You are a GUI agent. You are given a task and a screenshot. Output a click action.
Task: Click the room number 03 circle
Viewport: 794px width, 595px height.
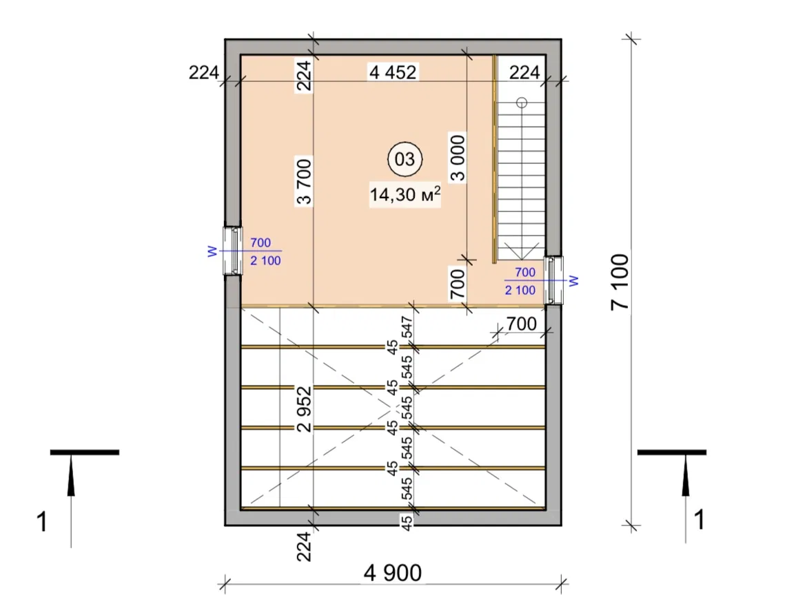[x=405, y=159]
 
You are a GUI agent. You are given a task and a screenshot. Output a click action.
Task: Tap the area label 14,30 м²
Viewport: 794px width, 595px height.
[x=405, y=194]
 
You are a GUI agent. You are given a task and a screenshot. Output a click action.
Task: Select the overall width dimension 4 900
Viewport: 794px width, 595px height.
[x=392, y=573]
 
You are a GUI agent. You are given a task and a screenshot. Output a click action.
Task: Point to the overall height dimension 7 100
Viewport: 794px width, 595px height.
[x=620, y=282]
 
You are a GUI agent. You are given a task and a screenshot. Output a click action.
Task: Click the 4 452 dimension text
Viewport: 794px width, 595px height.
[x=393, y=72]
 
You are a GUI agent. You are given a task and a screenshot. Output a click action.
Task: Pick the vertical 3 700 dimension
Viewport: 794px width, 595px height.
[x=304, y=181]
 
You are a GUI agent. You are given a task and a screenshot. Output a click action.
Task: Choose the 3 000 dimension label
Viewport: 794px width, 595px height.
[x=457, y=158]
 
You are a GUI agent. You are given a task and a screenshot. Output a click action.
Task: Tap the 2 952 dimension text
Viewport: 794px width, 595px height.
[x=304, y=409]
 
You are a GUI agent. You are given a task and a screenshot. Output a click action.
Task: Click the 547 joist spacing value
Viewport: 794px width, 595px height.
[x=407, y=327]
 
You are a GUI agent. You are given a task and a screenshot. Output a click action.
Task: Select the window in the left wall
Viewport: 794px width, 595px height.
[x=233, y=251]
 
